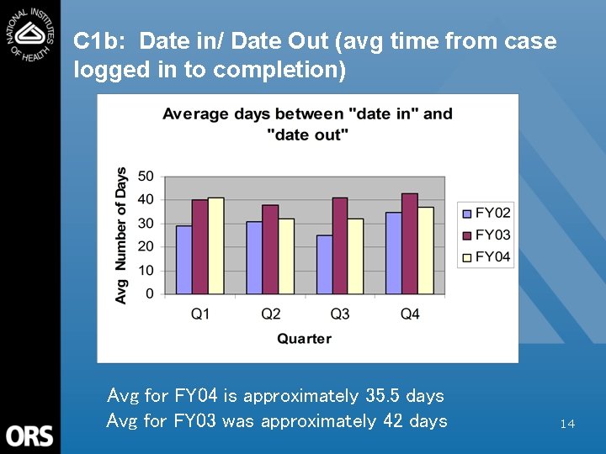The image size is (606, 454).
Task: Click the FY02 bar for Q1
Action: (x=183, y=260)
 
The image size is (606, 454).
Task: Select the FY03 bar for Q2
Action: (x=269, y=250)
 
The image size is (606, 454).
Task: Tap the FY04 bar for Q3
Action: (x=355, y=256)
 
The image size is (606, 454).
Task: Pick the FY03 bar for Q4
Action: (x=410, y=244)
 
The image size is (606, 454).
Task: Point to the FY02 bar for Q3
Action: (x=324, y=265)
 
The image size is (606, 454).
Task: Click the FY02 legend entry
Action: (x=486, y=213)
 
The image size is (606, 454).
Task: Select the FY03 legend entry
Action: (x=486, y=235)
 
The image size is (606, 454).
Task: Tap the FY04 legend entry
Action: (x=486, y=256)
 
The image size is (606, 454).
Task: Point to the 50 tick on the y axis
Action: (x=146, y=177)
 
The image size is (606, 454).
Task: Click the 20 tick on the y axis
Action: (x=146, y=246)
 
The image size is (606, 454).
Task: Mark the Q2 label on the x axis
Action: (x=270, y=314)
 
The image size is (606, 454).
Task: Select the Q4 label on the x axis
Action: (x=410, y=314)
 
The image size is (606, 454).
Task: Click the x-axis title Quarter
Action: (x=304, y=339)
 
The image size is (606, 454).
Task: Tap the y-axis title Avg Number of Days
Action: (x=121, y=235)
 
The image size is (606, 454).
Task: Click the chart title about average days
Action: (x=306, y=124)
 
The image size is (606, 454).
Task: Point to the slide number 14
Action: (x=567, y=424)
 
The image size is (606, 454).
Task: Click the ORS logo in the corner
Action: (x=29, y=436)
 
